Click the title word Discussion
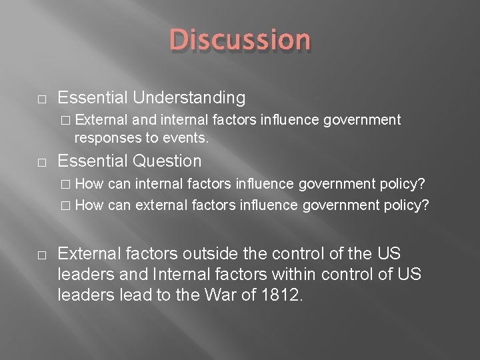(240, 40)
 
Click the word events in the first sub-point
(189, 138)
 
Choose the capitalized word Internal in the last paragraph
(180, 275)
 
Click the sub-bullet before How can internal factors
(65, 184)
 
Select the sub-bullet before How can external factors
(65, 205)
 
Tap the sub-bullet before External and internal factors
(65, 121)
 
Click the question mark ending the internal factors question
(422, 183)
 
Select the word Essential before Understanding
(92, 98)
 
